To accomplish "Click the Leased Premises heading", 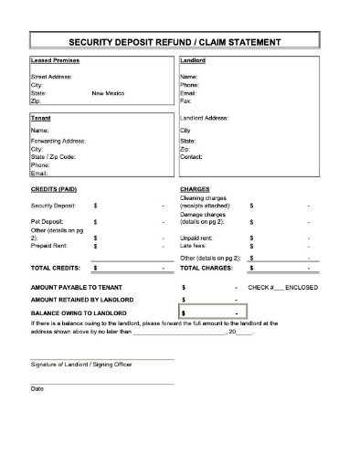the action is [x=55, y=61].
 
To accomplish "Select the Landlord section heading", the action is [x=193, y=61].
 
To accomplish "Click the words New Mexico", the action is [x=110, y=93].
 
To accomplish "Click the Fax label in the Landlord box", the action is [x=186, y=101].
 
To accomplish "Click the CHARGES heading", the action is [x=196, y=190].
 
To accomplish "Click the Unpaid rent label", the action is [x=198, y=237].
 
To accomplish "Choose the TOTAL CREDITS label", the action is [x=56, y=269].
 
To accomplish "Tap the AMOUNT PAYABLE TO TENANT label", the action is [x=77, y=287].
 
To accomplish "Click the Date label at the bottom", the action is [x=37, y=389].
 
